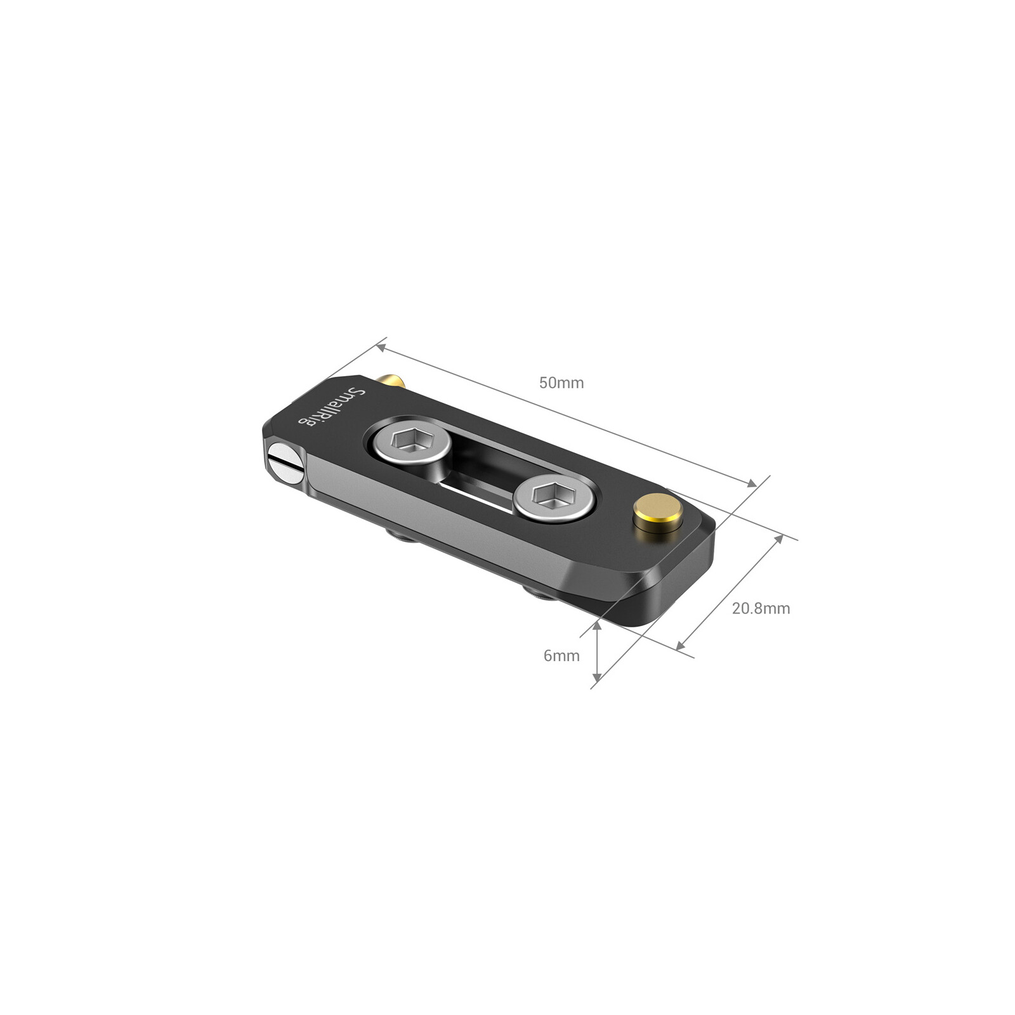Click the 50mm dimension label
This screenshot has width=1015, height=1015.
pos(561,383)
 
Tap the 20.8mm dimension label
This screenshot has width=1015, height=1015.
pos(761,608)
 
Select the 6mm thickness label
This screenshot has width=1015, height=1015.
pos(561,655)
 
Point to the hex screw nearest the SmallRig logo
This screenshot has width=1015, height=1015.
pos(412,440)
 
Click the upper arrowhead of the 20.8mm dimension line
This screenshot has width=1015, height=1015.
pos(778,540)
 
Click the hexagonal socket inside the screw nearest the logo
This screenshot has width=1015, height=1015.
pos(405,438)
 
